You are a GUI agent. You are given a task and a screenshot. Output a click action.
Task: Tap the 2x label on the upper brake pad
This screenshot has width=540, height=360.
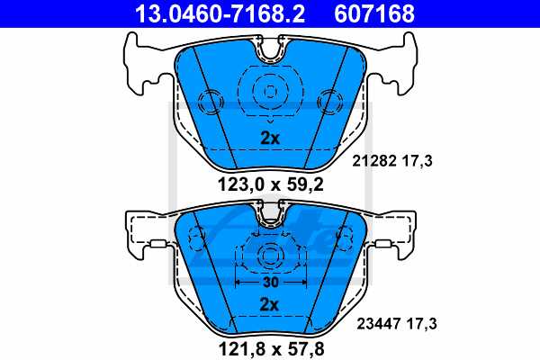coord(269,139)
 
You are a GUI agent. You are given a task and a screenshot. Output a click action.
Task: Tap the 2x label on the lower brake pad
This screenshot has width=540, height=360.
coord(269,304)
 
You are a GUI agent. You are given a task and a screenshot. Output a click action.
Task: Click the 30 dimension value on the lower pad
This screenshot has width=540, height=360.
coord(269,281)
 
